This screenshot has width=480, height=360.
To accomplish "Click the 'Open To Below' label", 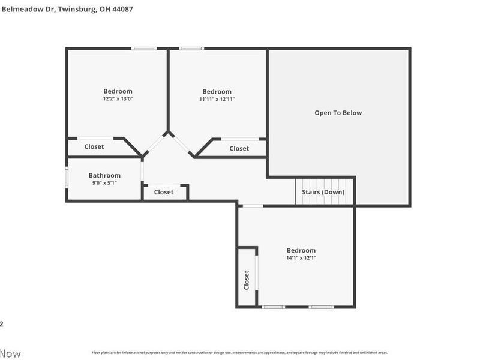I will [x=338, y=113].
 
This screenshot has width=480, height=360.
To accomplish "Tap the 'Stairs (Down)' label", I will [x=323, y=192].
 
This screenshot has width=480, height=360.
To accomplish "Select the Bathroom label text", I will [x=104, y=176].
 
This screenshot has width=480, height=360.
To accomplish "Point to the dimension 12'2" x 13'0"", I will [x=118, y=98].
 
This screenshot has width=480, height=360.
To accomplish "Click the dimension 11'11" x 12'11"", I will [x=217, y=99].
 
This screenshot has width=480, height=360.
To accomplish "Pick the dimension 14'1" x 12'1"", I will [x=301, y=258].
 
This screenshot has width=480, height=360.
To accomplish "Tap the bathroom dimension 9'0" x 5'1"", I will [x=104, y=183].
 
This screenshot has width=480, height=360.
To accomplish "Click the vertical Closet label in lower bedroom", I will [x=247, y=280].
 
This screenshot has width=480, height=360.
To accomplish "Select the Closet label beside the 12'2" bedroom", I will [x=94, y=146].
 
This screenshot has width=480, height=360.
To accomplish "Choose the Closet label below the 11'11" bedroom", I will [x=239, y=148].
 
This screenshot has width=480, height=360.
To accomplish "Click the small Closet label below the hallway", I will [x=164, y=192].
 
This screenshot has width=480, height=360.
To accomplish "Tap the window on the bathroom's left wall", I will [x=67, y=178].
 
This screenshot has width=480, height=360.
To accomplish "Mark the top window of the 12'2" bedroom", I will [x=145, y=49].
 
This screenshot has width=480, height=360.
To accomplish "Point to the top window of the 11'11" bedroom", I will [x=191, y=49].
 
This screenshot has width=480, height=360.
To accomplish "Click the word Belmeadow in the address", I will [x=15, y=10].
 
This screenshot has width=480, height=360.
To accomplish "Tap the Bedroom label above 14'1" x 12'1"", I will [x=301, y=250].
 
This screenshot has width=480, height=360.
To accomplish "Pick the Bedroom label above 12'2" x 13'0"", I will [x=118, y=91].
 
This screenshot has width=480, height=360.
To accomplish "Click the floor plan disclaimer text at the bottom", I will [x=239, y=353].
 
